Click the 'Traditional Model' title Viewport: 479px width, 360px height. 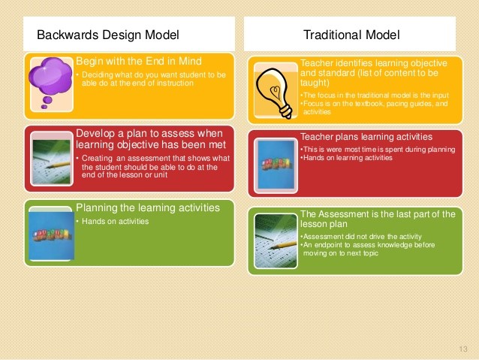(351, 35)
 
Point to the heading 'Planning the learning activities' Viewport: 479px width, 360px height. (147, 208)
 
